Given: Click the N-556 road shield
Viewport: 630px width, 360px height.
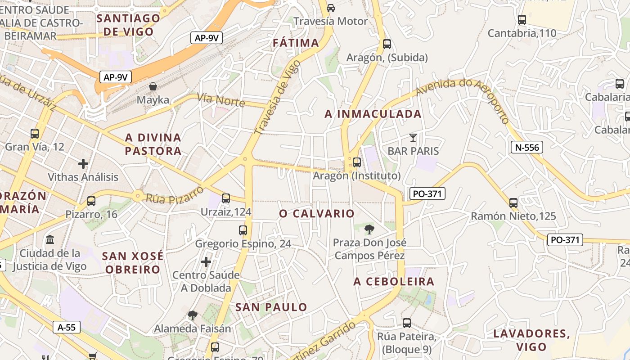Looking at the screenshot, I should pyautogui.click(x=527, y=147).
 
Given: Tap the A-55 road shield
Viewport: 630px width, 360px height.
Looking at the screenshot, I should pyautogui.click(x=66, y=327).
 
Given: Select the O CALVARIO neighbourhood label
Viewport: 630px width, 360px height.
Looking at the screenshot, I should pyautogui.click(x=317, y=213).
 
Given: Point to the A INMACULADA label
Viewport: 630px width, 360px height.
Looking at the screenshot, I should pyautogui.click(x=373, y=114).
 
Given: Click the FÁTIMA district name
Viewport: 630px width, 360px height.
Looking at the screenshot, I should pyautogui.click(x=296, y=43).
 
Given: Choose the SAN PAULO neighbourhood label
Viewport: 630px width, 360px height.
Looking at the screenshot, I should pyautogui.click(x=271, y=307).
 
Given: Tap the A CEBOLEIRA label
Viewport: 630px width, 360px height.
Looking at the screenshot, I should pyautogui.click(x=394, y=282).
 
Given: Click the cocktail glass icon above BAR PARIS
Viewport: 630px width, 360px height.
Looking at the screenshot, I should pyautogui.click(x=413, y=138).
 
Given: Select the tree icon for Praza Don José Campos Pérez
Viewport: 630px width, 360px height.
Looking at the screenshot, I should pyautogui.click(x=369, y=229).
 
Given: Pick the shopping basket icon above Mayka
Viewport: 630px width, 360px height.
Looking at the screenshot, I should pyautogui.click(x=153, y=86).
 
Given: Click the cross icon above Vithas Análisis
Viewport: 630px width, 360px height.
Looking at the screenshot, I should pyautogui.click(x=83, y=164).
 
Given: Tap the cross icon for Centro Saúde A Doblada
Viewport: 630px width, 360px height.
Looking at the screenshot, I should pyautogui.click(x=206, y=261).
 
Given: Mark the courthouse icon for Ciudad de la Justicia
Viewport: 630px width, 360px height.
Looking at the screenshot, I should pyautogui.click(x=50, y=239).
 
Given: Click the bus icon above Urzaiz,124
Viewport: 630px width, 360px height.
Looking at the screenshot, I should pyautogui.click(x=226, y=198).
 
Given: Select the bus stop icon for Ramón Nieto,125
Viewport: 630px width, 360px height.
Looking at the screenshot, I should pyautogui.click(x=513, y=202).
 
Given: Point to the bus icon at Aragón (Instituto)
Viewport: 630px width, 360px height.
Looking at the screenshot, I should pyautogui.click(x=357, y=162).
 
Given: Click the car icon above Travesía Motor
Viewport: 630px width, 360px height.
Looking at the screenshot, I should pyautogui.click(x=331, y=8).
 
